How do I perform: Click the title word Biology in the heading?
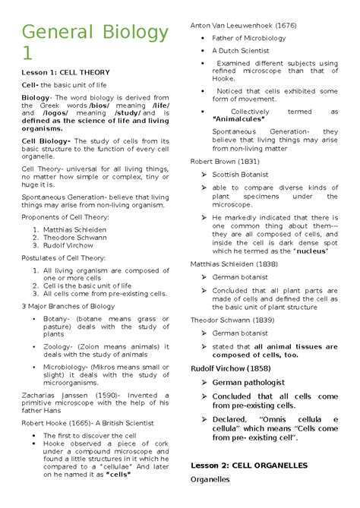point(130,33)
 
